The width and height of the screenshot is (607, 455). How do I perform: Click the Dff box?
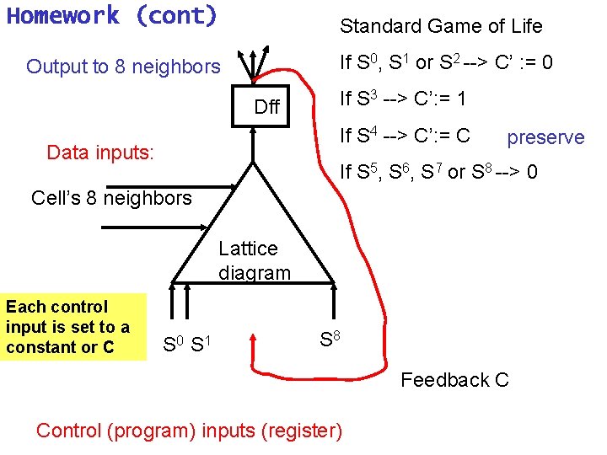tap(266, 106)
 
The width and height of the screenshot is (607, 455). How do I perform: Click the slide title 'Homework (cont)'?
tap(111, 16)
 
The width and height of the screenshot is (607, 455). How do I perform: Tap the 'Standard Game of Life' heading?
tap(440, 26)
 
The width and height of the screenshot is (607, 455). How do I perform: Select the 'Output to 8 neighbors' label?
tap(123, 67)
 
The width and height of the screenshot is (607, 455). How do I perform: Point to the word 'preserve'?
tap(545, 137)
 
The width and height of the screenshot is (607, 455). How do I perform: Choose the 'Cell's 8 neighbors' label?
tap(111, 198)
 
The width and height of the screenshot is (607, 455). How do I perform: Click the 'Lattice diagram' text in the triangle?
tap(254, 260)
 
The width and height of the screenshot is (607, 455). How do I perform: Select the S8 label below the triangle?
tap(331, 340)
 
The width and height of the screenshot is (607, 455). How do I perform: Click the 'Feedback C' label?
tap(454, 380)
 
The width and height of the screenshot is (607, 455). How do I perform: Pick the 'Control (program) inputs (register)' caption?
tap(189, 431)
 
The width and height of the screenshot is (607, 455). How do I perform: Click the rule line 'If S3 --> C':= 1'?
tap(402, 99)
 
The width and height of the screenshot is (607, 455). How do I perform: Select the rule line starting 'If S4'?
tap(404, 135)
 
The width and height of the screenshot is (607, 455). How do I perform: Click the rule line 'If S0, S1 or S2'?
tap(446, 62)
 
